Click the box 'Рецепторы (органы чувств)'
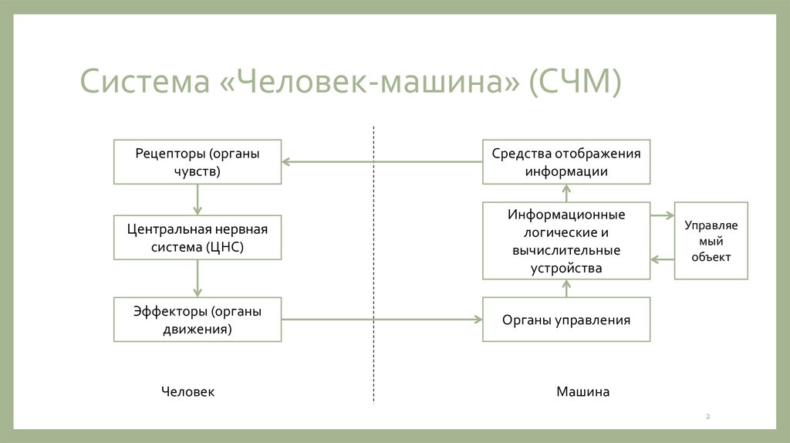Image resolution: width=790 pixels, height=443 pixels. coord(197,161)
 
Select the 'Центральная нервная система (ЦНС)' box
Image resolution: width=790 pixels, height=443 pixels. coord(197,238)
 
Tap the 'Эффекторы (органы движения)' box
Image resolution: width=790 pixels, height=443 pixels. coord(197,320)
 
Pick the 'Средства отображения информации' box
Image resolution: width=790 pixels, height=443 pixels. coord(566,161)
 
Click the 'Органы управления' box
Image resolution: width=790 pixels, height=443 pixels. coord(566,320)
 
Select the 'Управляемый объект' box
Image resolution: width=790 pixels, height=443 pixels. coord(711,240)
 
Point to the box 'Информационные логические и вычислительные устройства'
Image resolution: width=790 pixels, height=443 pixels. coord(566,240)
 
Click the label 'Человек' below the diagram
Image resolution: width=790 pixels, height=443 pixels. coord(187,392)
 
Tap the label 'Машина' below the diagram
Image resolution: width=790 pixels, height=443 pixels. coord(582,392)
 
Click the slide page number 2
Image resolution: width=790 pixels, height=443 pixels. coord(707,418)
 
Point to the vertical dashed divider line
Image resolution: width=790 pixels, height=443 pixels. coord(374,262)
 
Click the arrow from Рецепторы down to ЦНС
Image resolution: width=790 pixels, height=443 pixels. coord(197,200)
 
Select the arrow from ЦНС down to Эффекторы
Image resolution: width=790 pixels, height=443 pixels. coord(197,278)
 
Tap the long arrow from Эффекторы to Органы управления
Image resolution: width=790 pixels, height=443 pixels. coord(382,320)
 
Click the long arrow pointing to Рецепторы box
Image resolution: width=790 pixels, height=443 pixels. coord(382,161)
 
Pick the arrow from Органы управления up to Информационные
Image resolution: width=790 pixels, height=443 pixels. coord(566,289)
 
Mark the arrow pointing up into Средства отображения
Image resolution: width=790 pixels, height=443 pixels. coord(566,193)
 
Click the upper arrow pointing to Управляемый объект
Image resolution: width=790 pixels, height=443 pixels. coord(662,216)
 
